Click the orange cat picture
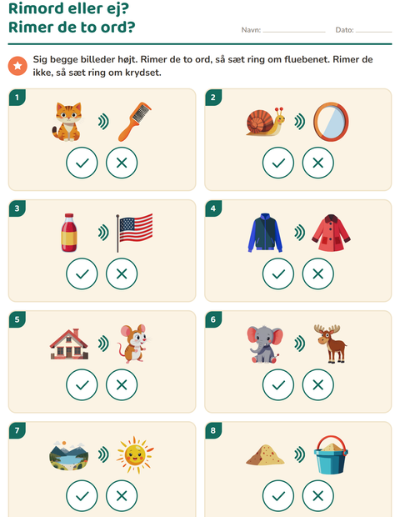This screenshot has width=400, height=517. [x=67, y=122]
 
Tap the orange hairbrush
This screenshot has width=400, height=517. [x=134, y=122]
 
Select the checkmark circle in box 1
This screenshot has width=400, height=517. [x=82, y=163]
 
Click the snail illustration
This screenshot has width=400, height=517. [x=266, y=122]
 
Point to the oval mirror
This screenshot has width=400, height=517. [x=331, y=122]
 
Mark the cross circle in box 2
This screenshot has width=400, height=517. [x=318, y=163]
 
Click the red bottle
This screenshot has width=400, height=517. [x=69, y=233]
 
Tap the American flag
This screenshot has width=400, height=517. [x=134, y=233]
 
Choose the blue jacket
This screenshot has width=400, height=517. [x=265, y=233]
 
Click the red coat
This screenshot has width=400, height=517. [x=331, y=233]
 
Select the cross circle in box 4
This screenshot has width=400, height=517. [x=318, y=274]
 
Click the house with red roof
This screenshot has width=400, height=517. [x=69, y=344]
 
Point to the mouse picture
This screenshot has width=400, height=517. [x=133, y=344]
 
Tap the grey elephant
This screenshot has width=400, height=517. [x=265, y=344]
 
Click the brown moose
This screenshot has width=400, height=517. [x=330, y=344]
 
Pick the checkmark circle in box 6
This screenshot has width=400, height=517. [x=278, y=384]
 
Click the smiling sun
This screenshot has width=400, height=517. [x=135, y=455]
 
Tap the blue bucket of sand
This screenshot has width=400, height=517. [x=331, y=454]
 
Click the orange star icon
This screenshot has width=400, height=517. [x=17, y=66]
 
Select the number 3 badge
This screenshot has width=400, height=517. [x=17, y=208]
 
